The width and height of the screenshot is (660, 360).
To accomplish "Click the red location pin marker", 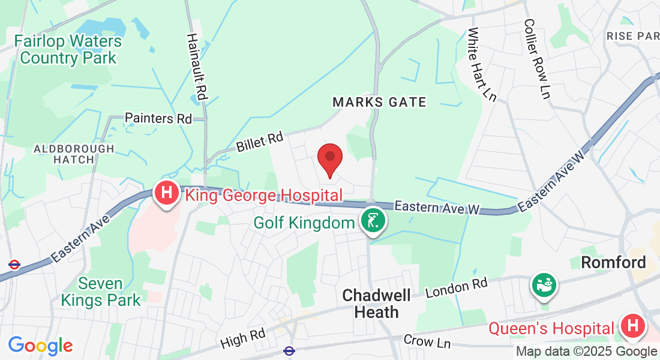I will click(329, 158).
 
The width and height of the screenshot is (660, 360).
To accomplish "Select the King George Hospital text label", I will click(263, 195).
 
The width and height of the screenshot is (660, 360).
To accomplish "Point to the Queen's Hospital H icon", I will click(632, 326).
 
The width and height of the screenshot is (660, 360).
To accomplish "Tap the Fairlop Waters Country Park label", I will click(68, 50).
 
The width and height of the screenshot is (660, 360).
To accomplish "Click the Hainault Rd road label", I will click(197, 66).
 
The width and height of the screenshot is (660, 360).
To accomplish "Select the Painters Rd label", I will click(158, 118).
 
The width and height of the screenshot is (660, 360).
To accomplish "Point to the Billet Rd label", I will click(259, 142).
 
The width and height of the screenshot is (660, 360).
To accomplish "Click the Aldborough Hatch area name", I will click(74, 154).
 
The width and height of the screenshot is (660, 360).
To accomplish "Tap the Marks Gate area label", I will click(379, 102).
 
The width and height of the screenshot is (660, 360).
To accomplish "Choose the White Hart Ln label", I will click(482, 64).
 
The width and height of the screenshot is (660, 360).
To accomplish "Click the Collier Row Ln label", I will click(536, 58).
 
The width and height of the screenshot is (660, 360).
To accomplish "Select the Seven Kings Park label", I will click(101, 292).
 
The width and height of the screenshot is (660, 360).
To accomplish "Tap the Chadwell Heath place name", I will click(377, 304).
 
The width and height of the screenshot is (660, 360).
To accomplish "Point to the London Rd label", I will click(457, 287).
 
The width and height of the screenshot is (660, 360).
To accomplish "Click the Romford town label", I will click(613, 262).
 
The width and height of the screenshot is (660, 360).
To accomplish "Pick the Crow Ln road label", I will click(427, 341).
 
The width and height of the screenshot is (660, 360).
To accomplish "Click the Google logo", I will click(40, 346).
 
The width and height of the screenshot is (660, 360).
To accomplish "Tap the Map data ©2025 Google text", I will click(586, 352).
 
